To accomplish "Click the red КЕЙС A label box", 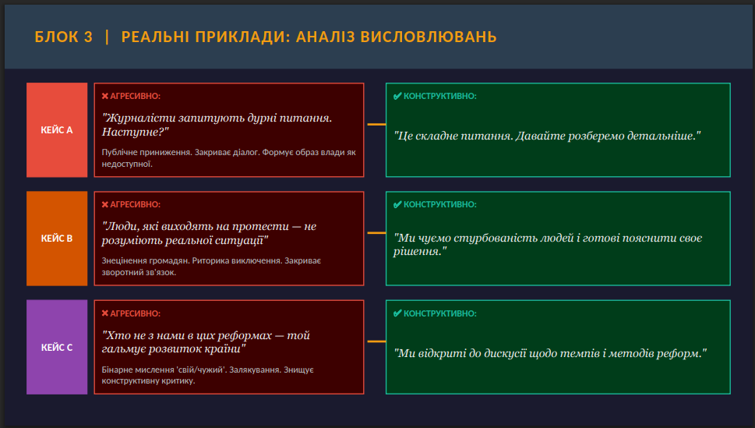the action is click(57, 129).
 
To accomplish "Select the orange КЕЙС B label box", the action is click(57, 238).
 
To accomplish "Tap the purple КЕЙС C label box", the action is click(57, 347).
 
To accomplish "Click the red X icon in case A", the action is click(105, 97).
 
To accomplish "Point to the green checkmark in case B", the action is click(397, 204).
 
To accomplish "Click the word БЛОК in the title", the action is click(56, 37).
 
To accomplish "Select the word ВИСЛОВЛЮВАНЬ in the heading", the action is click(429, 37).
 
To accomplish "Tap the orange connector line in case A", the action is click(376, 125).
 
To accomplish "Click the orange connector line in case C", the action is click(376, 341).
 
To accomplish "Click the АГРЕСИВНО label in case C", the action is click(136, 313).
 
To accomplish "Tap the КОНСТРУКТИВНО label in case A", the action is click(440, 97).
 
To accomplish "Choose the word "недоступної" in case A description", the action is click(127, 164).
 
